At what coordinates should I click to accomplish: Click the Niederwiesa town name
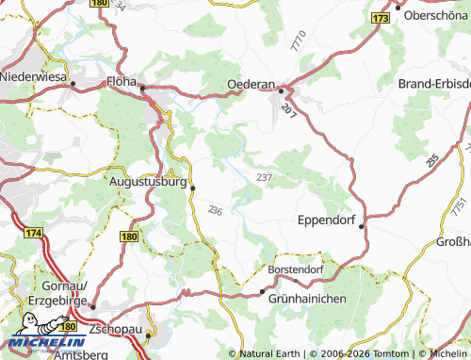click(37, 75)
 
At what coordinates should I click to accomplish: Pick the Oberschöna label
click(436, 16)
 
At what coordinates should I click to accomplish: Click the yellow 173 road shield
click(380, 18)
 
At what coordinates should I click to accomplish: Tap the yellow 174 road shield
click(33, 232)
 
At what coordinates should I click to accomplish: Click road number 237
click(264, 177)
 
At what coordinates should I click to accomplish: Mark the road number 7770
click(300, 41)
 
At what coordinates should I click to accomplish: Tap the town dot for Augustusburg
click(193, 188)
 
